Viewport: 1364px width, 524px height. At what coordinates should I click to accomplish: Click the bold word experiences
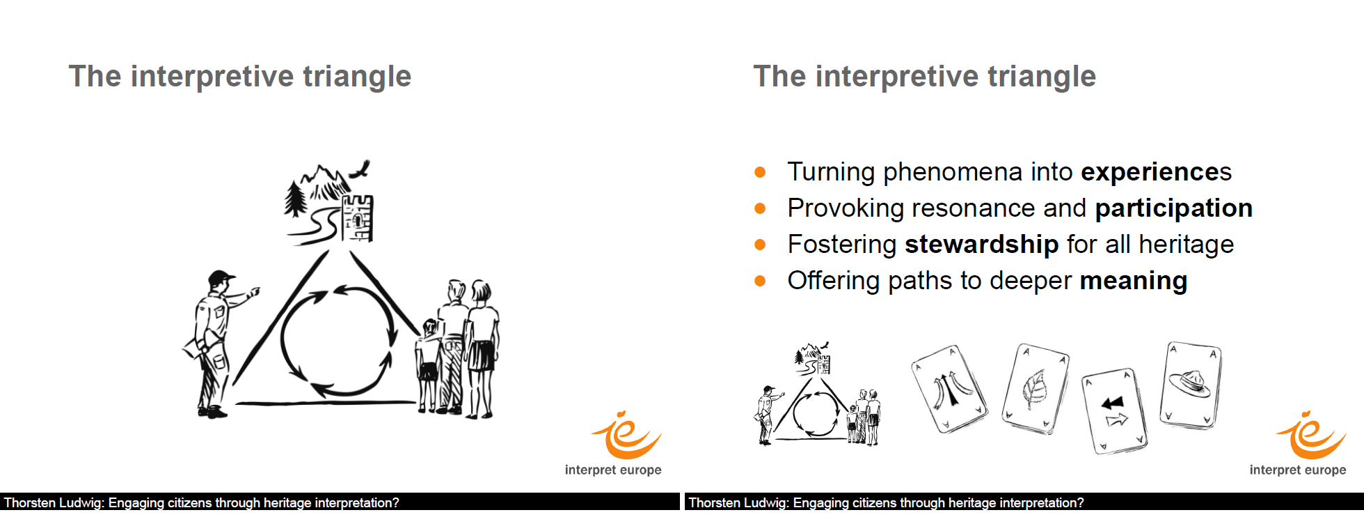point(1156,172)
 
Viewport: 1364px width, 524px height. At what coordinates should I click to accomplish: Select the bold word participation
point(1173,208)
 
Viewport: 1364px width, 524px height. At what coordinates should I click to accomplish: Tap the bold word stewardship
point(981,245)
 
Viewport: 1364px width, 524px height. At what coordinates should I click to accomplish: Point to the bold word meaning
point(1133,281)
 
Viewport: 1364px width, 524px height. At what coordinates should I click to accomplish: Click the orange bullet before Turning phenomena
point(760,172)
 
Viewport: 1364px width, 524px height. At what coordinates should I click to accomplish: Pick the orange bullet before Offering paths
point(760,281)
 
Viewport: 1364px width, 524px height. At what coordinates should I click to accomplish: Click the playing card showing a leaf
point(1035,388)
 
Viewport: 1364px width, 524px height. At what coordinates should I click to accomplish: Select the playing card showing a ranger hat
point(1190,385)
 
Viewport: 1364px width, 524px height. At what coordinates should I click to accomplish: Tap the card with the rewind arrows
point(1114,411)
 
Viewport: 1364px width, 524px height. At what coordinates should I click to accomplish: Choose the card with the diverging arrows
point(949,389)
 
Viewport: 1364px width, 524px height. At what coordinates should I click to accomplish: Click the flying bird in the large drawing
point(360,169)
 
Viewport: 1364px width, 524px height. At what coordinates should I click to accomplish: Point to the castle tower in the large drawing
point(358,217)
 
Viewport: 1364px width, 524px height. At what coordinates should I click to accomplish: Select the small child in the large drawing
point(428,366)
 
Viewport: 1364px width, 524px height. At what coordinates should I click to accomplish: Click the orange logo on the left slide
point(626,436)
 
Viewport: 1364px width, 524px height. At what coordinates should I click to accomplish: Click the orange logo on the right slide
point(1310,436)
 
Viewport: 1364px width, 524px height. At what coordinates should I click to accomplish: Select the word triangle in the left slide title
point(357,77)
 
